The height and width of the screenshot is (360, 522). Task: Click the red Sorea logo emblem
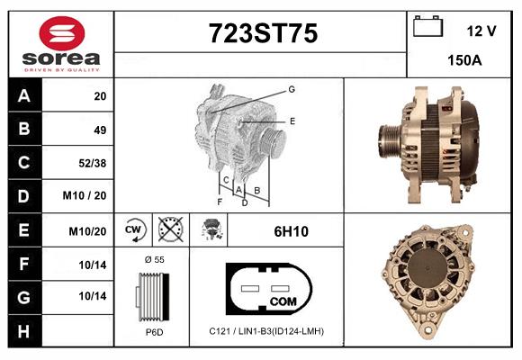(62, 33)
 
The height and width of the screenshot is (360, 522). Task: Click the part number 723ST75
(263, 33)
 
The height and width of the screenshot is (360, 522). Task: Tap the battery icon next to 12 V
(427, 26)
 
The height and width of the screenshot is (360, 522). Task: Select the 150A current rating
(464, 60)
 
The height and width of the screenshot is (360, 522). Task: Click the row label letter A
(24, 95)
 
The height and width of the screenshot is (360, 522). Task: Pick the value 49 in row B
(100, 130)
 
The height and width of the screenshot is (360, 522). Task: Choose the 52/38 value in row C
(92, 163)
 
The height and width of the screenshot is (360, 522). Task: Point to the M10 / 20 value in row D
(85, 195)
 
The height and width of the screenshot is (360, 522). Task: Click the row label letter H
(23, 331)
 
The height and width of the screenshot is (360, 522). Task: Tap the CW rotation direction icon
(133, 229)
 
